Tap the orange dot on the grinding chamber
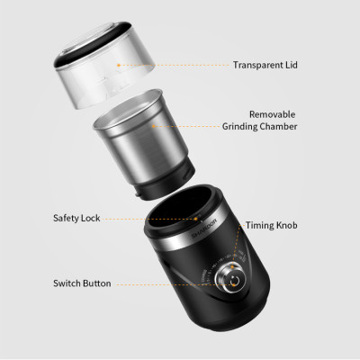tap(154, 127)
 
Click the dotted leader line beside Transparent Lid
tap(180, 65)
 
